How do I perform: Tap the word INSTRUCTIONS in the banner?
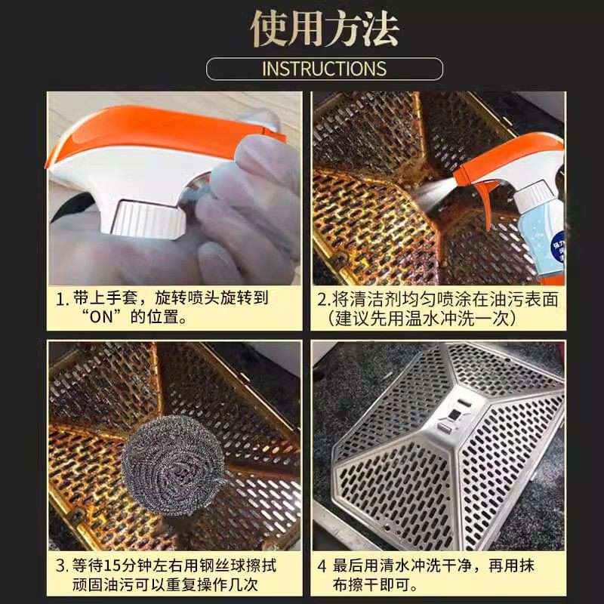click(x=324, y=69)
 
